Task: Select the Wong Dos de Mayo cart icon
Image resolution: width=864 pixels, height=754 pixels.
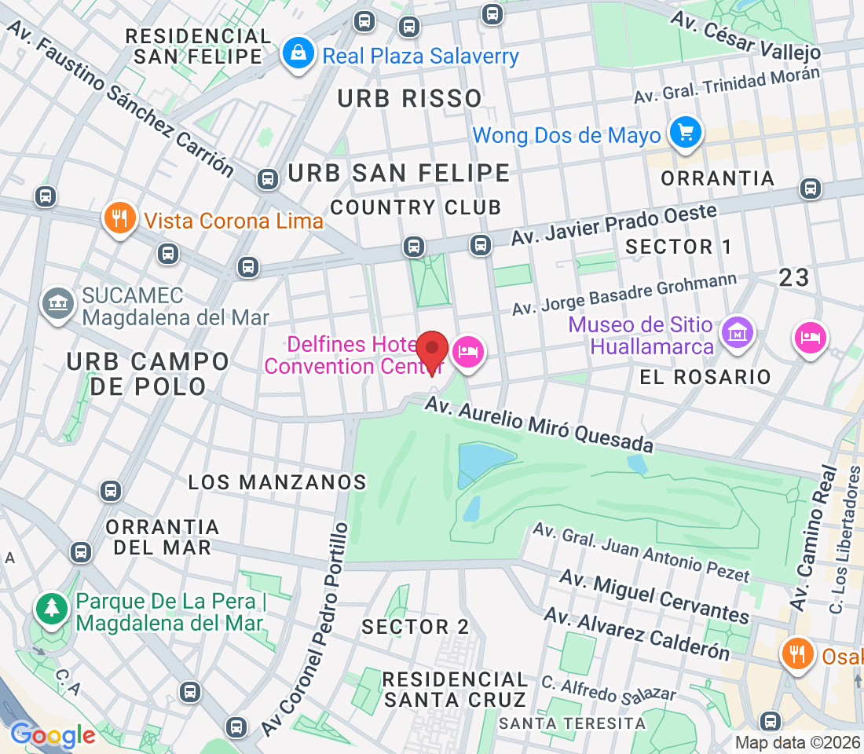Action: pyautogui.click(x=686, y=133)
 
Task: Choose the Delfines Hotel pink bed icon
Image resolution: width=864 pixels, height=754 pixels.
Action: pyautogui.click(x=469, y=351)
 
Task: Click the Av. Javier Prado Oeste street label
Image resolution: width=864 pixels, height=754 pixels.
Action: pyautogui.click(x=614, y=225)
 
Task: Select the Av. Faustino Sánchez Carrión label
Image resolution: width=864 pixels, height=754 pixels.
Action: pyautogui.click(x=121, y=98)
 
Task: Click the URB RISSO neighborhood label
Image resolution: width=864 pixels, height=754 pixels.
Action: pyautogui.click(x=409, y=98)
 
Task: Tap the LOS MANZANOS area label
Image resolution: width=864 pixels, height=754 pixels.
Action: pyautogui.click(x=277, y=481)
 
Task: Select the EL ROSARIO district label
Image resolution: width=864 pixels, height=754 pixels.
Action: pyautogui.click(x=705, y=377)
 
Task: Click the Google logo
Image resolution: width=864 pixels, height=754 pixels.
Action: pyautogui.click(x=53, y=735)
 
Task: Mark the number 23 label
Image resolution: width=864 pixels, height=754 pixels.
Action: pyautogui.click(x=794, y=277)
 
